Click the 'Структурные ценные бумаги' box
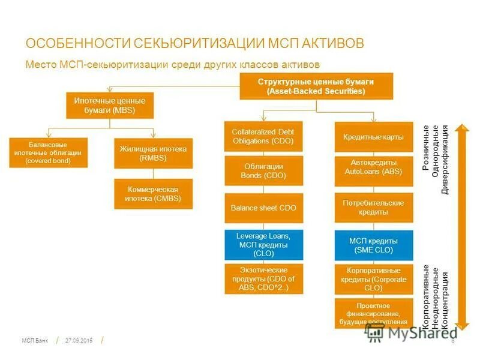[x=316, y=86]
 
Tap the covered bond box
[x=49, y=152]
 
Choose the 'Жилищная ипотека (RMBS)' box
[x=153, y=153]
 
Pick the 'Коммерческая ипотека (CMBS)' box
[x=153, y=194]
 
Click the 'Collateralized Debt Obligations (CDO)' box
[x=263, y=137]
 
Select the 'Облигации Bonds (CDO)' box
[x=263, y=171]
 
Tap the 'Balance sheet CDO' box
[x=263, y=208]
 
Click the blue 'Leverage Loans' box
[x=263, y=245]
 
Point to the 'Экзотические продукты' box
[x=263, y=278]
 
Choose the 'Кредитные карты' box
[x=373, y=137]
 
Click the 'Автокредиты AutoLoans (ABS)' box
[x=373, y=171]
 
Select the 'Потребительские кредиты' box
[x=373, y=208]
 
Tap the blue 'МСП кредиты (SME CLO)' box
[x=373, y=245]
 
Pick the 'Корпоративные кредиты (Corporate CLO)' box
[x=373, y=279]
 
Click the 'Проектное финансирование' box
[x=373, y=314]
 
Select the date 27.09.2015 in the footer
[x=79, y=340]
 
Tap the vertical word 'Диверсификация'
[x=445, y=160]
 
